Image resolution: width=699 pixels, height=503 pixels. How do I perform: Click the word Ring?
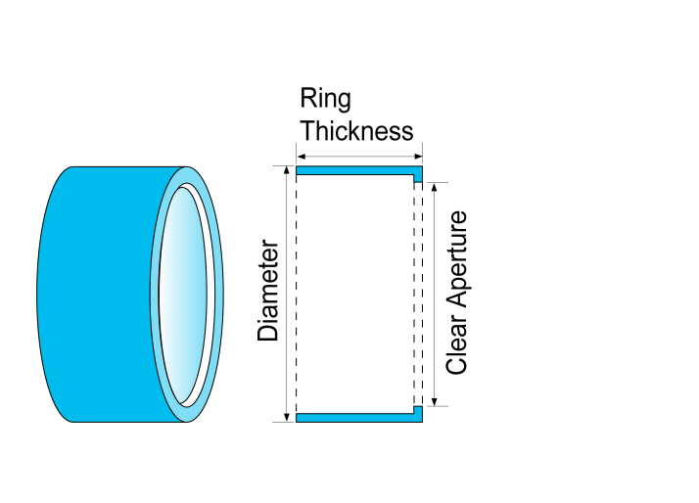pyautogui.click(x=325, y=99)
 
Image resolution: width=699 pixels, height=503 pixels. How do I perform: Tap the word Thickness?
pyautogui.click(x=356, y=131)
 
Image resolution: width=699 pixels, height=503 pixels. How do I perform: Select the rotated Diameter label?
pyautogui.click(x=268, y=292)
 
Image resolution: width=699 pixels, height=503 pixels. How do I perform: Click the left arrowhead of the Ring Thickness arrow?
pyautogui.click(x=300, y=156)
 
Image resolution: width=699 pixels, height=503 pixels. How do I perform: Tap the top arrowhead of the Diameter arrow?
pyautogui.click(x=286, y=171)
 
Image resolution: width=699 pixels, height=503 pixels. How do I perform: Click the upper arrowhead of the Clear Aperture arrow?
pyautogui.click(x=434, y=186)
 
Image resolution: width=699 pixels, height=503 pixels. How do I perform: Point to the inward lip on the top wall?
pyautogui.click(x=418, y=178)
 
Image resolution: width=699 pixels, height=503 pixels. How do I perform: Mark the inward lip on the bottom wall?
pyautogui.click(x=418, y=410)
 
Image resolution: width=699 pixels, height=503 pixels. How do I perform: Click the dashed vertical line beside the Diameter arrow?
pyautogui.click(x=295, y=294)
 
